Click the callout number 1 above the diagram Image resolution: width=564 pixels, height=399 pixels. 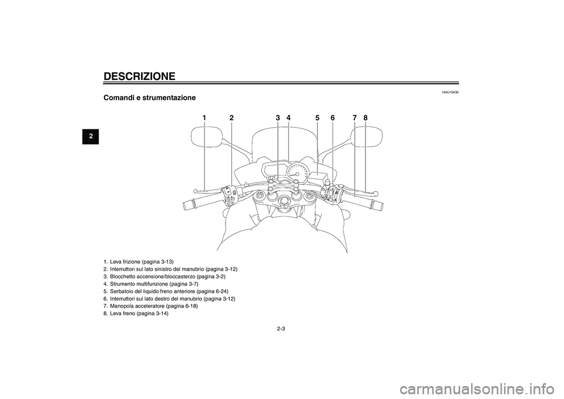204,118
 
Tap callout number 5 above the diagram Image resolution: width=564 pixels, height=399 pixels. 317,118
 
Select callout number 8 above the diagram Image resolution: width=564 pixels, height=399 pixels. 365,118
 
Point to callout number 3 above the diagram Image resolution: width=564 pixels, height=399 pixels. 278,118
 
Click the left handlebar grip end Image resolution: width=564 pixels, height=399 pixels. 188,205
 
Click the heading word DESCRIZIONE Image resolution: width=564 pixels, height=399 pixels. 139,77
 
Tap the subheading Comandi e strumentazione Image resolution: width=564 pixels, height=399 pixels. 150,98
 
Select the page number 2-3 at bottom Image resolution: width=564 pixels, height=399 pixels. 281,329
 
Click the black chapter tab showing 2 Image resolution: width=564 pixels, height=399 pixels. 90,137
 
